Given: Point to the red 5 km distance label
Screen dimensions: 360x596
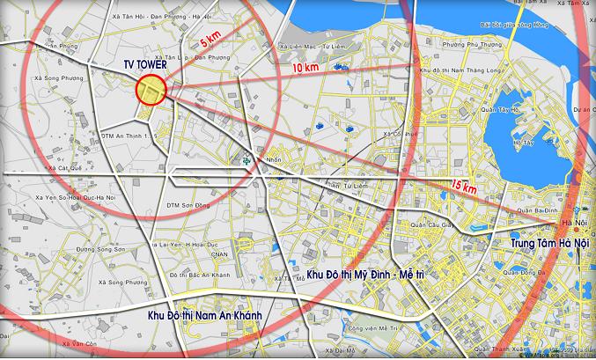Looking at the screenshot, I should click(x=209, y=40).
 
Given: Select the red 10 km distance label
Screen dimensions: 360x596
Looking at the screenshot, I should click(x=304, y=68).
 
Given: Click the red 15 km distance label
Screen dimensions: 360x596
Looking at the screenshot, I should click(x=462, y=186).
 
